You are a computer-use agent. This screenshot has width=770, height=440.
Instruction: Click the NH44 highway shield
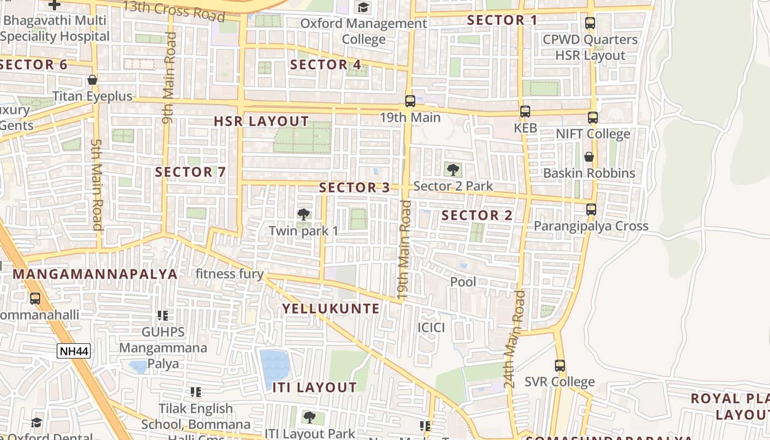click(x=74, y=351)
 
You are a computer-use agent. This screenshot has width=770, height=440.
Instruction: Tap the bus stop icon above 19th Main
click(x=410, y=101)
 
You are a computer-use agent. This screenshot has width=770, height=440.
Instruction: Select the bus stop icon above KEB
click(x=525, y=112)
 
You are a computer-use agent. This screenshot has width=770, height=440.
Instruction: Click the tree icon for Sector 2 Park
click(x=453, y=169)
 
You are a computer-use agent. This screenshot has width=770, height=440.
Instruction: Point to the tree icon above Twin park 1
click(x=302, y=215)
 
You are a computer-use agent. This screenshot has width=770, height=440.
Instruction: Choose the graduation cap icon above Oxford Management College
click(x=363, y=8)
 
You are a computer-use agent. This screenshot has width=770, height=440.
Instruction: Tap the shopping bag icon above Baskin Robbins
click(x=589, y=157)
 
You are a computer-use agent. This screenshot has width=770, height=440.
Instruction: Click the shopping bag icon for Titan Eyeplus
click(x=92, y=80)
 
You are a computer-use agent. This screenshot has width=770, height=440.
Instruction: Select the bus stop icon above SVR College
click(x=559, y=365)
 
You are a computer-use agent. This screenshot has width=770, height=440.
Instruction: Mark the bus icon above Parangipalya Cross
click(x=591, y=210)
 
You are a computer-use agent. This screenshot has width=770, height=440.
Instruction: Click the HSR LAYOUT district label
click(x=261, y=122)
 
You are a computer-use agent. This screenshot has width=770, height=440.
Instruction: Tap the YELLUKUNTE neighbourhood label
click(x=331, y=309)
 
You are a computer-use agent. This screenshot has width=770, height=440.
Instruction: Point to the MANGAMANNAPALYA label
click(x=95, y=274)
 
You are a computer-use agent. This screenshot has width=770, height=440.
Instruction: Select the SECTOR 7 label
click(x=190, y=172)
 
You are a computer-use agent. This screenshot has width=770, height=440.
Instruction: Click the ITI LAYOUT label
click(x=315, y=388)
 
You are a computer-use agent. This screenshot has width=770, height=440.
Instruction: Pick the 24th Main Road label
click(x=515, y=339)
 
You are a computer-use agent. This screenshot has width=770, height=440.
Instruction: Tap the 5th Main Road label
click(x=97, y=185)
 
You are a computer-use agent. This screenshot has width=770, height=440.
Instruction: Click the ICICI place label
click(x=431, y=328)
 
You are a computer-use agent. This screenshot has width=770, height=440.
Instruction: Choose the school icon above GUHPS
click(x=162, y=316)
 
